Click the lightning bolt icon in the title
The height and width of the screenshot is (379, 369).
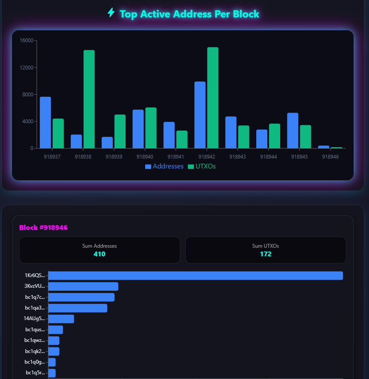pos(111,13)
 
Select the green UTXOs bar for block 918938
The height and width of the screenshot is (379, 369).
pos(89,99)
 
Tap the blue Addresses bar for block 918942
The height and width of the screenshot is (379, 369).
pos(200,115)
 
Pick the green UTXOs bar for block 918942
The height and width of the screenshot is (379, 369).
pos(213,98)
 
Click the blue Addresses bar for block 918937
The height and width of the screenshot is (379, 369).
pos(45,123)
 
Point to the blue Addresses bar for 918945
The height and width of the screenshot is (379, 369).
pos(293,130)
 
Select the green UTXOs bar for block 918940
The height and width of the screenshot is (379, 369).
pos(151,128)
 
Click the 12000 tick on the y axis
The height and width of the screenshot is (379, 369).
pos(27,67)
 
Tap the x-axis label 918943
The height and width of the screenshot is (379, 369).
pos(237,157)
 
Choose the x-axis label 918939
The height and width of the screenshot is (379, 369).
pos(114,157)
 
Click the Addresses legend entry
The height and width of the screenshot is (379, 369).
pos(164,166)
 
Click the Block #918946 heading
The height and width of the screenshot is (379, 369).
pos(43,228)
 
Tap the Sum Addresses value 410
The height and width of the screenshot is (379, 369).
pos(100,254)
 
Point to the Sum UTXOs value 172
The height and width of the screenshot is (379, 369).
pos(266,254)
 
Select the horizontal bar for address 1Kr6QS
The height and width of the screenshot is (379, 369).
pos(196,276)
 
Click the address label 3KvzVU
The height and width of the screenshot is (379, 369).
pos(35,286)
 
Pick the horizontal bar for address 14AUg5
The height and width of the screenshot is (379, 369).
pos(61,319)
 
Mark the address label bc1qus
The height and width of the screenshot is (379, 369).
pos(35,330)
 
